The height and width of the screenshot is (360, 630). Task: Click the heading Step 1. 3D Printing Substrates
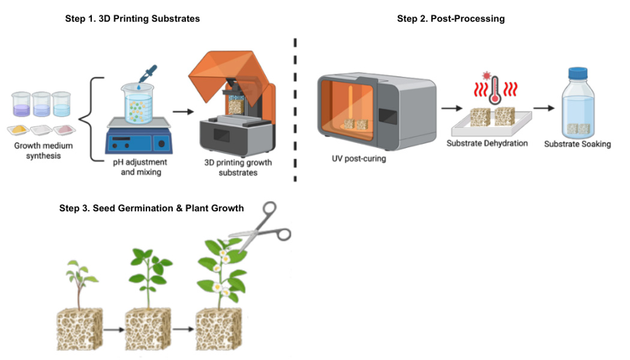[132, 19]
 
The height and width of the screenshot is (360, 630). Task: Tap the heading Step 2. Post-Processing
[451, 19]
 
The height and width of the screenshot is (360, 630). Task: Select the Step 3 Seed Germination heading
[151, 208]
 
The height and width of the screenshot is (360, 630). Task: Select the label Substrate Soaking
[577, 144]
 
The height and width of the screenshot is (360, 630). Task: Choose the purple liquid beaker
[21, 105]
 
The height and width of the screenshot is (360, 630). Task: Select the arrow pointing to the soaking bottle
[543, 109]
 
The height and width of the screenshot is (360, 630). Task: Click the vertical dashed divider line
[295, 108]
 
